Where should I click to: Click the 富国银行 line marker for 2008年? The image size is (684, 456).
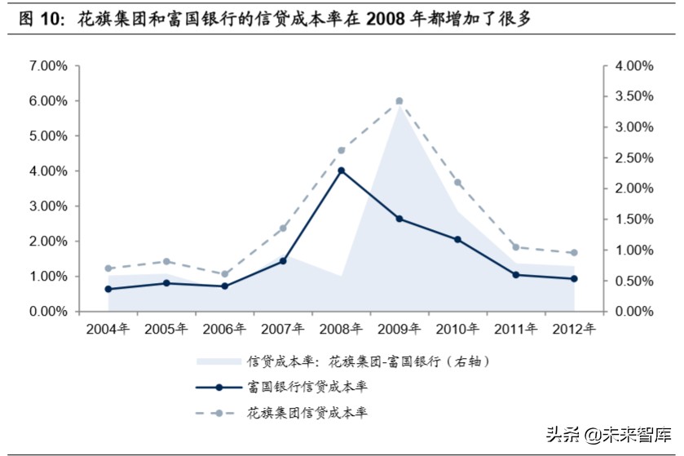point(341,170)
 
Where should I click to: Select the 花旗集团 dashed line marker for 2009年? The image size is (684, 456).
point(399,101)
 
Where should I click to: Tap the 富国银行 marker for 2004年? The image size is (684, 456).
point(108,289)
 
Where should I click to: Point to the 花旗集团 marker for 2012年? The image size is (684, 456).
point(574,253)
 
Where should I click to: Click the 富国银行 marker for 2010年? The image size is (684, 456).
point(457,239)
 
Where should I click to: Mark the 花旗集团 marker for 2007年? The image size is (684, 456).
point(283,228)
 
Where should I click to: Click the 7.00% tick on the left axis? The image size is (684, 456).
point(49,65)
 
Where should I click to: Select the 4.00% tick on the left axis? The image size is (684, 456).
point(49,170)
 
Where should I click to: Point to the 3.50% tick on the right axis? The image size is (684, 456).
point(633,96)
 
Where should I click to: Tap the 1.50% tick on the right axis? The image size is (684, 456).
point(633,219)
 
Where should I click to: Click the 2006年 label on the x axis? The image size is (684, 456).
point(224,330)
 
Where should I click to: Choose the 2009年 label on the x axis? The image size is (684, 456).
point(399,330)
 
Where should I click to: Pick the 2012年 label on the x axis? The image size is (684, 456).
point(574,330)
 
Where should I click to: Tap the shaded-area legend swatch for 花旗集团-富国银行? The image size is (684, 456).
point(218,360)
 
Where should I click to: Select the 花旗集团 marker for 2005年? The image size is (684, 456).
point(166,261)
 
